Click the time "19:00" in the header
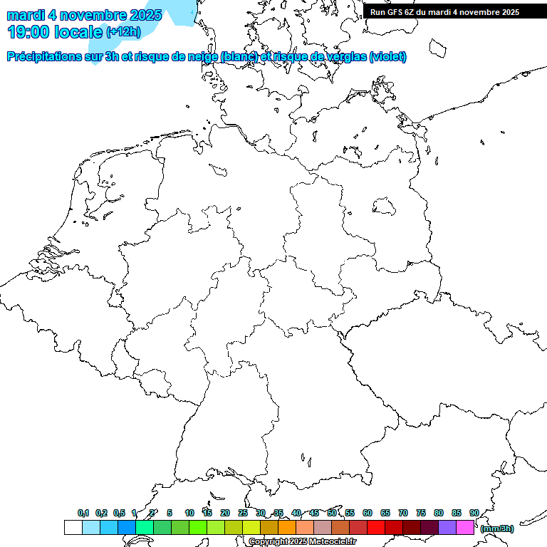click(28, 32)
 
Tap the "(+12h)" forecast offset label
click(123, 32)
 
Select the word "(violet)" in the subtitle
click(388, 57)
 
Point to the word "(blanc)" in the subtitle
click(239, 57)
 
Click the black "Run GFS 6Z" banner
click(445, 12)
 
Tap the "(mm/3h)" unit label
click(496, 528)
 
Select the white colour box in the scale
click(73, 528)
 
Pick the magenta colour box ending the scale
click(465, 528)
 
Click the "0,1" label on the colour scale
click(83, 514)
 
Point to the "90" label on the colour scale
click(474, 514)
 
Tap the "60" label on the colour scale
click(368, 514)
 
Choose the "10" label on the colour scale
click(189, 514)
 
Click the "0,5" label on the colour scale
click(119, 514)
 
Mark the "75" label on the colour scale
click(421, 514)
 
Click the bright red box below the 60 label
click(376, 528)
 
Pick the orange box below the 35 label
click(287, 528)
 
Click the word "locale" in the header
click(78, 32)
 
